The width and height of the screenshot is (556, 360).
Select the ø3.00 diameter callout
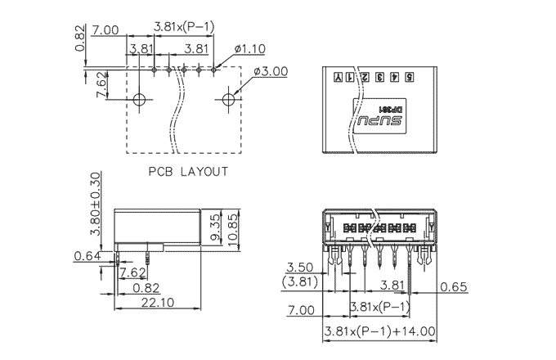271,71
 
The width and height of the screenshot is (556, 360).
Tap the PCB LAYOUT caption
188,172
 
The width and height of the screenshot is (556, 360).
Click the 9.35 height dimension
214,225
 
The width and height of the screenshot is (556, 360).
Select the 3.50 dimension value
300,268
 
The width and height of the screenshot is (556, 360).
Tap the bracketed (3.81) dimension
300,282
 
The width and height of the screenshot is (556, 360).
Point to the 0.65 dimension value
455,286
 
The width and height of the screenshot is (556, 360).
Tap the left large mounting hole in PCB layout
139,101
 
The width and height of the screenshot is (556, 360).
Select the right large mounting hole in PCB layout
228,101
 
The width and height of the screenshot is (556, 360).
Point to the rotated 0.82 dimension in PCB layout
80,38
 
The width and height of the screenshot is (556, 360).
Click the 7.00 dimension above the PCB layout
106,29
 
